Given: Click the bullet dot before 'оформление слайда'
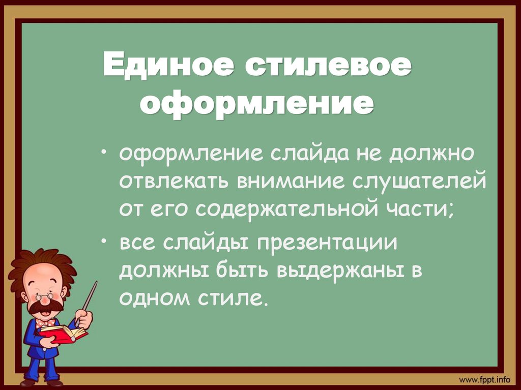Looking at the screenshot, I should pos(105,152).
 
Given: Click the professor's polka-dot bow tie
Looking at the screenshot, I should pos(45,322).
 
